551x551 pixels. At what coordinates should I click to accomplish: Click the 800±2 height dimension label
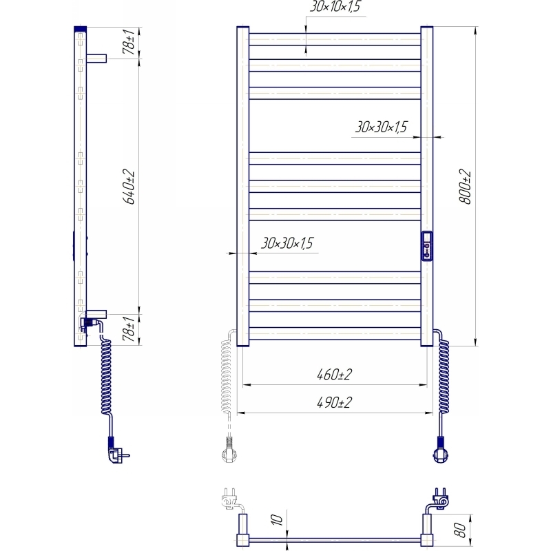(465, 187)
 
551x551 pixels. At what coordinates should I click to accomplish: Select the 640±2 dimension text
(129, 187)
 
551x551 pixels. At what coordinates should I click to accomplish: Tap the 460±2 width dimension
(334, 375)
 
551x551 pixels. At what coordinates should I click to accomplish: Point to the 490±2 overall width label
(334, 402)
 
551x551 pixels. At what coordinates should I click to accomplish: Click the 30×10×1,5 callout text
(335, 6)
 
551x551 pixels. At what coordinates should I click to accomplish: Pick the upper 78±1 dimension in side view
(129, 42)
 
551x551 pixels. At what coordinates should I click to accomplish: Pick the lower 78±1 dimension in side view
(129, 329)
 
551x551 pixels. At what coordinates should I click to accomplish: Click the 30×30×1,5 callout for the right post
(382, 127)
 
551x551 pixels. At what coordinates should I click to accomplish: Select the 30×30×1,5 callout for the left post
(287, 243)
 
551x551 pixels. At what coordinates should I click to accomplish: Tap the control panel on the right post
(426, 246)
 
